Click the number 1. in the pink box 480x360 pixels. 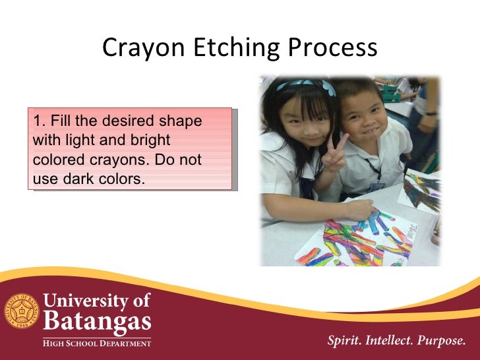(38, 122)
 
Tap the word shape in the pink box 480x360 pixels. (183, 122)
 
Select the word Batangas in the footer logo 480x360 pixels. (97, 323)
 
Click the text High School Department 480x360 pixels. (97, 342)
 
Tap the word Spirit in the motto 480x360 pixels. (344, 342)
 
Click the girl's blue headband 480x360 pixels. (305, 85)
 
